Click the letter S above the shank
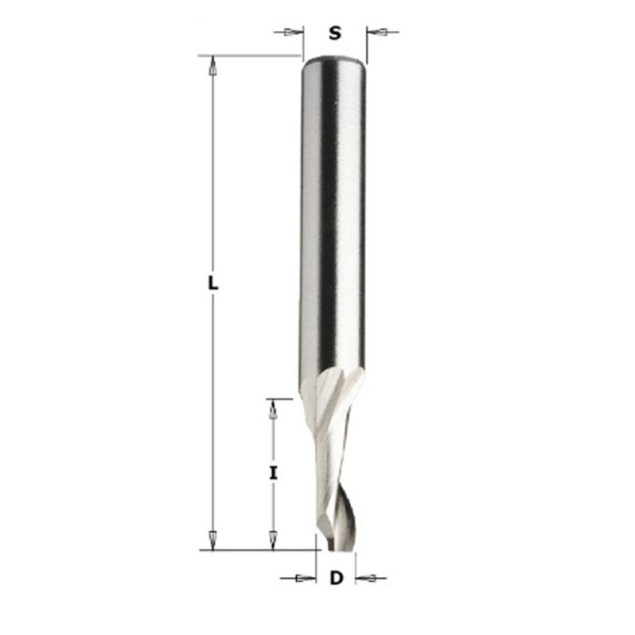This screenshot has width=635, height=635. tap(334, 33)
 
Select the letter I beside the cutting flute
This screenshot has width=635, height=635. tap(274, 473)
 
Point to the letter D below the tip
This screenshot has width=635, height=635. tap(336, 578)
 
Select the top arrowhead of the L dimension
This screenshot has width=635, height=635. tap(213, 66)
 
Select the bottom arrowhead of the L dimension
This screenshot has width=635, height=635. tap(213, 540)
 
